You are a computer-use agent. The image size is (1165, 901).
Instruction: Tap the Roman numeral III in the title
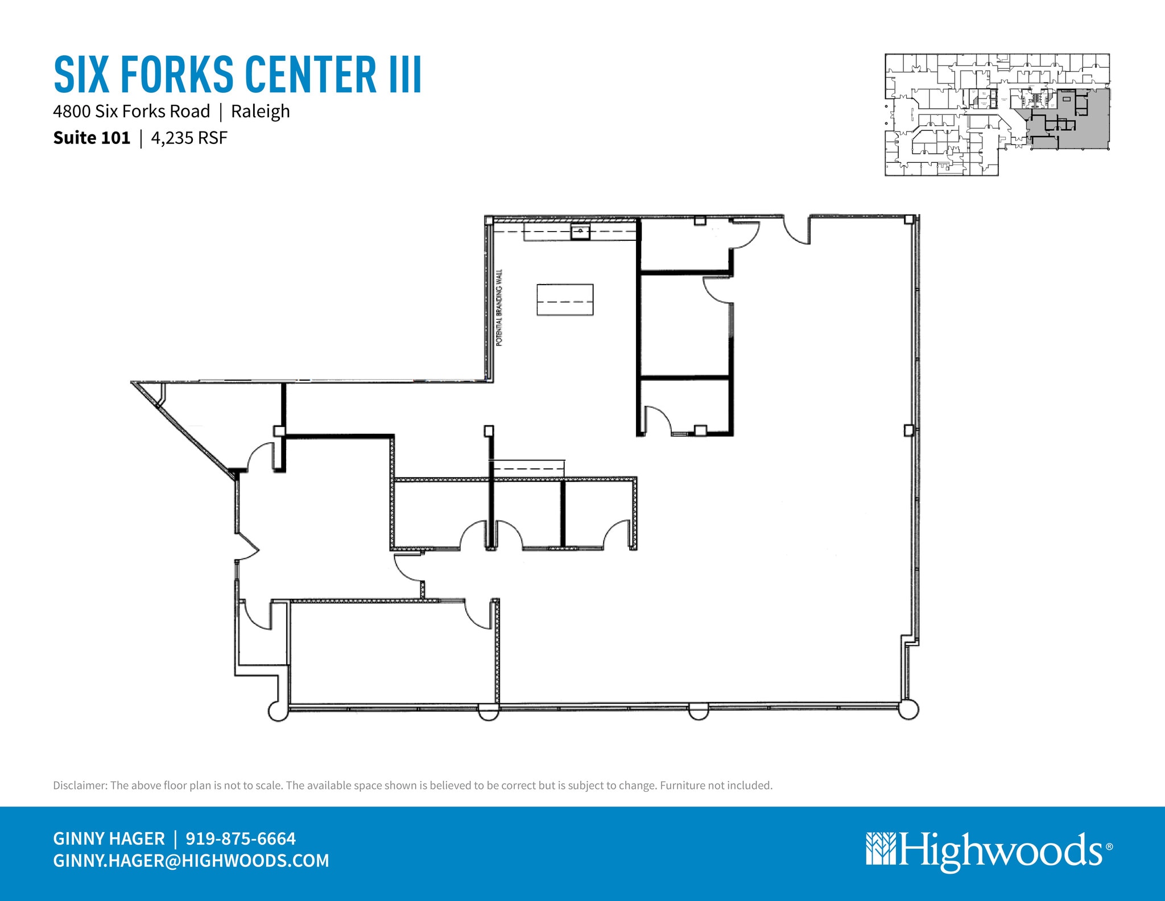[405, 75]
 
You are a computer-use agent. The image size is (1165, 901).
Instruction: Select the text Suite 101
[92, 138]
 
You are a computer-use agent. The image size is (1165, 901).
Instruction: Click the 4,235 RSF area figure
[189, 138]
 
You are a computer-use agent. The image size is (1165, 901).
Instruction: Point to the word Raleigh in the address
[261, 111]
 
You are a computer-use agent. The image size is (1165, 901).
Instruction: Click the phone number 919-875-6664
[241, 838]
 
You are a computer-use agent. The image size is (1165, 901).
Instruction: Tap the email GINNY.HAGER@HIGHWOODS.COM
[191, 860]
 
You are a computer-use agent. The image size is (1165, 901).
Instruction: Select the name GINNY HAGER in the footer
[109, 838]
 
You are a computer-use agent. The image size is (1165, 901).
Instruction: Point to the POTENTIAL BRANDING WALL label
[499, 308]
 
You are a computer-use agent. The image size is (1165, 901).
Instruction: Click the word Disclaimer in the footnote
[80, 785]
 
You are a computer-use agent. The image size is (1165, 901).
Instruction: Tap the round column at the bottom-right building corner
[908, 710]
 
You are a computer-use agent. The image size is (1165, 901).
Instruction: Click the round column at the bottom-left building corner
[278, 711]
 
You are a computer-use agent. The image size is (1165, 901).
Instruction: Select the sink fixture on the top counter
[580, 232]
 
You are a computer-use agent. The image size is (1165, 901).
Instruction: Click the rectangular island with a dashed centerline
[565, 300]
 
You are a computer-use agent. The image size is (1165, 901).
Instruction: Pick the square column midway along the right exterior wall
[908, 430]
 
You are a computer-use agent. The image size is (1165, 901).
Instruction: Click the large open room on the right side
[796, 512]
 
